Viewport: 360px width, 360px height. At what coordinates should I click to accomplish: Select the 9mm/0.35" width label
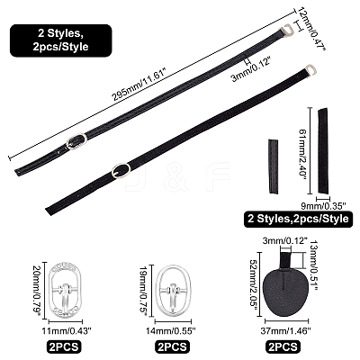(324, 205)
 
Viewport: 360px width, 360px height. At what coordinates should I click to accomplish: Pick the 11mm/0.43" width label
(67, 331)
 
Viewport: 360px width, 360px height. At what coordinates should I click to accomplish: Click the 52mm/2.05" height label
(254, 285)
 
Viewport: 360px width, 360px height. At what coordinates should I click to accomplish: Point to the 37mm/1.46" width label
(285, 331)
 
